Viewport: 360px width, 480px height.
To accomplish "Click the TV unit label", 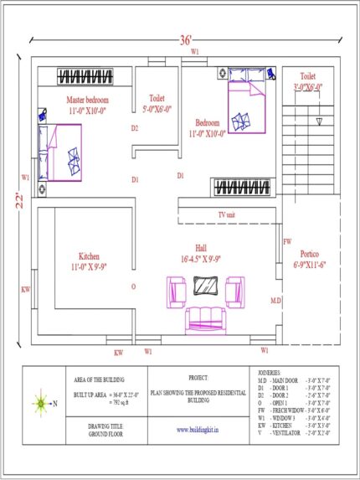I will [x=226, y=215].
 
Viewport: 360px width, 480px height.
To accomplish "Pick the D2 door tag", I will [x=135, y=128].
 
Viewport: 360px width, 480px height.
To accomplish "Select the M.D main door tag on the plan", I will [x=275, y=299].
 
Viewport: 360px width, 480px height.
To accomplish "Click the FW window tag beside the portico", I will [x=287, y=241].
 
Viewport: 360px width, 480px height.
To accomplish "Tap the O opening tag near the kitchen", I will [x=134, y=286].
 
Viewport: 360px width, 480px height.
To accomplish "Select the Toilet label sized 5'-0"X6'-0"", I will [x=157, y=103].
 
